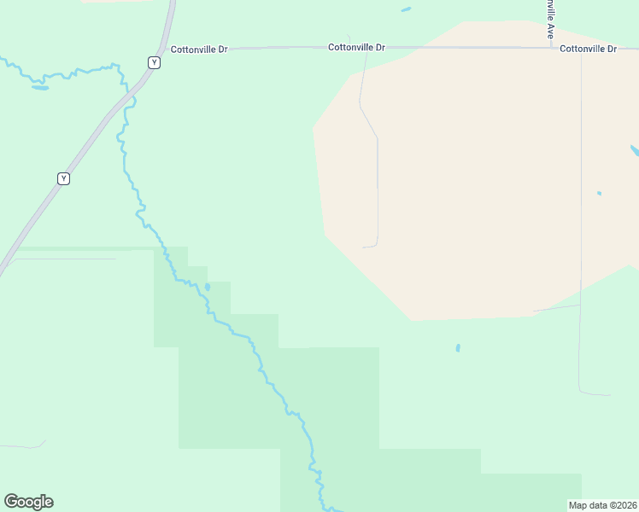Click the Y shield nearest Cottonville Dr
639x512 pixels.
154,62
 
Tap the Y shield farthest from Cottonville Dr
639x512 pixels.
63,178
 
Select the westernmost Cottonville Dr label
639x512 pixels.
199,49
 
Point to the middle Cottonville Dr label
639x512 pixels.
356,48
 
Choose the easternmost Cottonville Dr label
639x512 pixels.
589,49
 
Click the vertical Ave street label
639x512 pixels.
551,19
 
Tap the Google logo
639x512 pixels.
29,502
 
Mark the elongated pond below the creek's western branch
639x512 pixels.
40,87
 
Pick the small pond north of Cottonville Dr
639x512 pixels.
406,10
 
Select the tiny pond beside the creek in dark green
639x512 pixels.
207,288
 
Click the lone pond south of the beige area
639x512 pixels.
458,348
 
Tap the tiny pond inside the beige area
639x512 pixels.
599,193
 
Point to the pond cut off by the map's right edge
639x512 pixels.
635,151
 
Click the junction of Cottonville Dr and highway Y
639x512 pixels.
167,49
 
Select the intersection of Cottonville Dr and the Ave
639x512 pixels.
551,48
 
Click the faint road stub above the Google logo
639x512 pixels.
26,445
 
